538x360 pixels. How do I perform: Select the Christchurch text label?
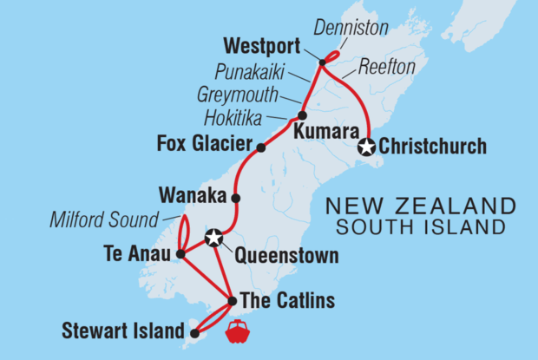431,147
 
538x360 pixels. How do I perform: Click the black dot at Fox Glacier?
260,147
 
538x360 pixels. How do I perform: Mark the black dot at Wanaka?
236,198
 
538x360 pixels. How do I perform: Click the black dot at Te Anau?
180,255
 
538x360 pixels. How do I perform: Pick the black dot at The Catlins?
232,302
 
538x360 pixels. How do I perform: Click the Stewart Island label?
123,331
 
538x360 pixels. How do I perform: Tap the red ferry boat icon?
237,331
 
